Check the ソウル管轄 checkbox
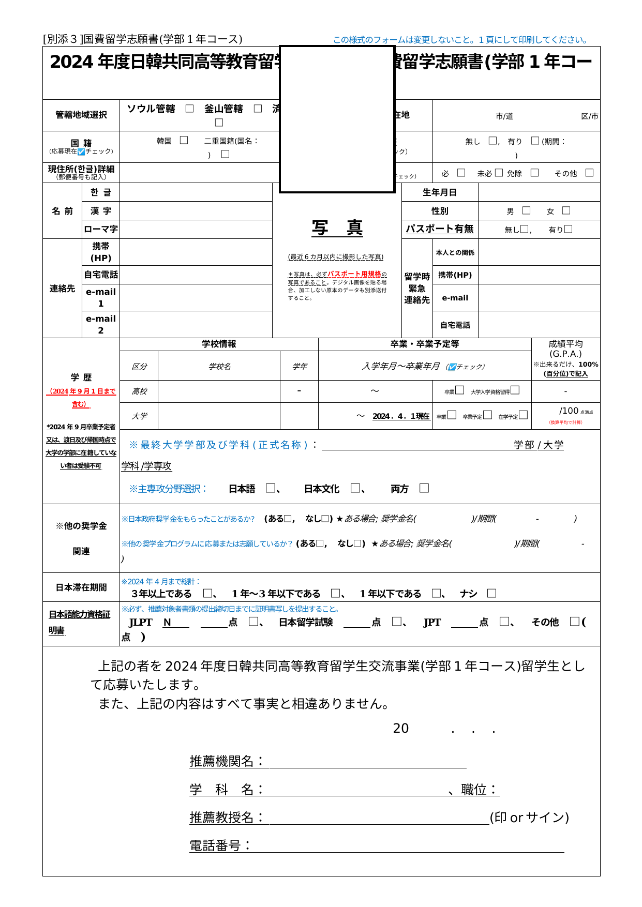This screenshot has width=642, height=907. tap(190, 109)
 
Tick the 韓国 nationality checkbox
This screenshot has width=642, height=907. tap(184, 140)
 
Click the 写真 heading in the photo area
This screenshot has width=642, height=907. tap(337, 228)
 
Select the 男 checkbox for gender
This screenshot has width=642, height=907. tap(526, 210)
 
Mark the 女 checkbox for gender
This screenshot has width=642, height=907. tap(566, 210)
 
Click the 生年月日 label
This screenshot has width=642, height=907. tap(439, 192)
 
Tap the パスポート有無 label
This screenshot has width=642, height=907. tap(439, 229)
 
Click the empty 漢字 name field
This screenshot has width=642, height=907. tap(196, 211)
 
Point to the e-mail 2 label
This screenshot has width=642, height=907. tap(101, 324)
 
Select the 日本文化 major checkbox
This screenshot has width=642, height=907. tap(355, 488)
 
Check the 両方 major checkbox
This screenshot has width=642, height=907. tap(424, 488)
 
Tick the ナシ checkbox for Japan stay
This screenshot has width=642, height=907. tap(491, 593)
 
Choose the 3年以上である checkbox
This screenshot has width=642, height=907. tap(208, 593)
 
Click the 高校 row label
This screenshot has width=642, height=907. tap(139, 391)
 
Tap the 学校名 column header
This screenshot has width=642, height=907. tap(219, 366)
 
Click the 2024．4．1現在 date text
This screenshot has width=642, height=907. tap(400, 416)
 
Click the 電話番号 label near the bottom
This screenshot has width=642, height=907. tap(219, 845)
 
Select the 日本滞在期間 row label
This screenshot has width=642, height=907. tap(81, 587)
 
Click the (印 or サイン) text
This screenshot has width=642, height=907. tap(529, 817)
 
